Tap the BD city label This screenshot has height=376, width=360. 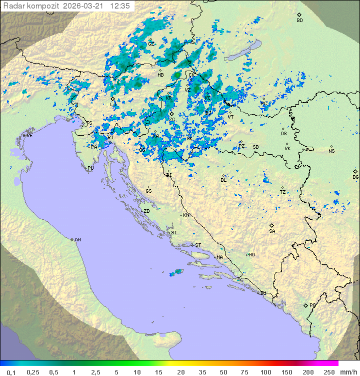(x=299, y=21)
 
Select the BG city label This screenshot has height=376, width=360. (x=355, y=177)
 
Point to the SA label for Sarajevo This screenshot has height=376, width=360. (x=272, y=231)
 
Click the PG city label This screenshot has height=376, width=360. (x=312, y=305)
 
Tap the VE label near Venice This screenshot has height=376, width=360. (x=29, y=136)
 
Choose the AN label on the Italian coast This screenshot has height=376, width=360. (x=77, y=240)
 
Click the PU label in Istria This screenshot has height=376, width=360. (x=90, y=168)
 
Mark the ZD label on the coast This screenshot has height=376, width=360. (x=146, y=211)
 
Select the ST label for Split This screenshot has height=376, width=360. (x=198, y=245)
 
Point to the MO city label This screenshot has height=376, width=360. (x=251, y=255)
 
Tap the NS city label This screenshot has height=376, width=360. (x=331, y=151)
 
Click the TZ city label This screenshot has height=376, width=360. (x=282, y=192)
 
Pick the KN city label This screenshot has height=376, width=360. (x=186, y=215)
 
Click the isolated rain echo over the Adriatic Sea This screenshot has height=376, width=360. (x=176, y=272)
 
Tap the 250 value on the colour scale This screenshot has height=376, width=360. (x=328, y=372)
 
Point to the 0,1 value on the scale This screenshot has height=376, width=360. (x=11, y=372)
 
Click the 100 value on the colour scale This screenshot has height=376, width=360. (x=265, y=372)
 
